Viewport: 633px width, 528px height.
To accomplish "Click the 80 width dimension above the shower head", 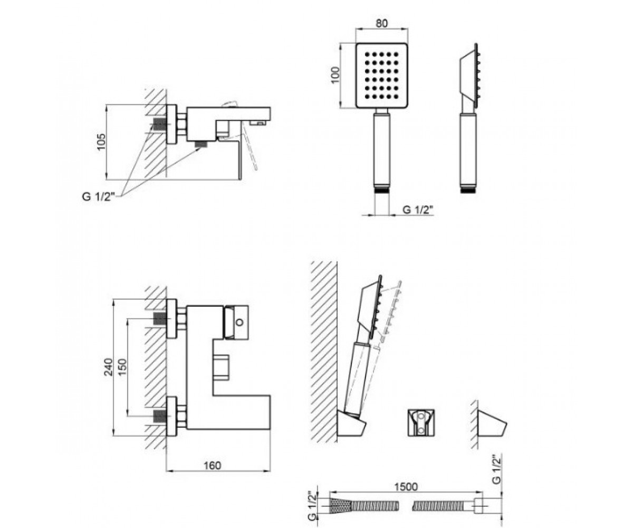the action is (382, 23).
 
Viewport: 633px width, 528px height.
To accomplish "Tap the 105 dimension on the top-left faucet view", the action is (101, 142).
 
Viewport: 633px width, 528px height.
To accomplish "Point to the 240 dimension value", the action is (108, 367).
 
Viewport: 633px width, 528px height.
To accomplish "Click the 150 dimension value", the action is (122, 367).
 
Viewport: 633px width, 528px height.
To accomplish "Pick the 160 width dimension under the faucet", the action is (212, 466).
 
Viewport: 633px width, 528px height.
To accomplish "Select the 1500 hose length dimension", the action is (406, 487).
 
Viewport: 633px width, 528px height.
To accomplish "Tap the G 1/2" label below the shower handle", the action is (417, 210).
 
